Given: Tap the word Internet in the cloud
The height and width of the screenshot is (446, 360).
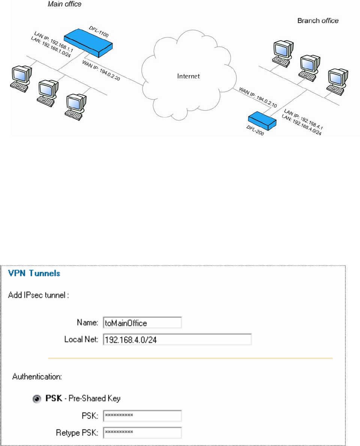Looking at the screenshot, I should coord(189,76).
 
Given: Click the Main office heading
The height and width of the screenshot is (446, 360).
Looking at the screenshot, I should coord(64,5).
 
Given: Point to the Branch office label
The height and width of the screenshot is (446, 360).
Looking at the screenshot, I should coord(318,21).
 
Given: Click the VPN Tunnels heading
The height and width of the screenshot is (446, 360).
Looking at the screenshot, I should coord(34,273).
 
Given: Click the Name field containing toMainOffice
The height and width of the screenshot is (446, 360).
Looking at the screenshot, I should coord(142,323).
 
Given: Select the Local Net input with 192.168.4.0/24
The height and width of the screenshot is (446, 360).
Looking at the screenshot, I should coord(176,340).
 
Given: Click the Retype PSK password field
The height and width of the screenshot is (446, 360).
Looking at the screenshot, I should coord(142,432).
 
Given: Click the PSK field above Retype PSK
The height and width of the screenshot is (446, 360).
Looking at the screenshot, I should coord(142,416).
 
